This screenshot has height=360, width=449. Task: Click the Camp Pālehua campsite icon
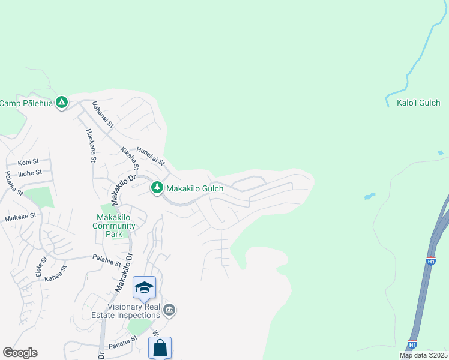tap(61, 103)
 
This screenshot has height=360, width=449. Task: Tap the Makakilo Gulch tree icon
tap(157, 188)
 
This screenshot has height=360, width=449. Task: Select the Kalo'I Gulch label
tap(418, 103)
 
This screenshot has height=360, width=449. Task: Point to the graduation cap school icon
tap(144, 289)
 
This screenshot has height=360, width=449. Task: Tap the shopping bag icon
tap(160, 348)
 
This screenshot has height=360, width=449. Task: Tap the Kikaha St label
tap(130, 158)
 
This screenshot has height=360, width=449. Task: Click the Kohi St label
tap(28, 162)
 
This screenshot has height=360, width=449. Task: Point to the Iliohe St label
tap(30, 173)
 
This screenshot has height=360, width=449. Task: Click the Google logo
tap(20, 353)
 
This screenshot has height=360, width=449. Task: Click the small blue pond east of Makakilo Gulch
tap(369, 196)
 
